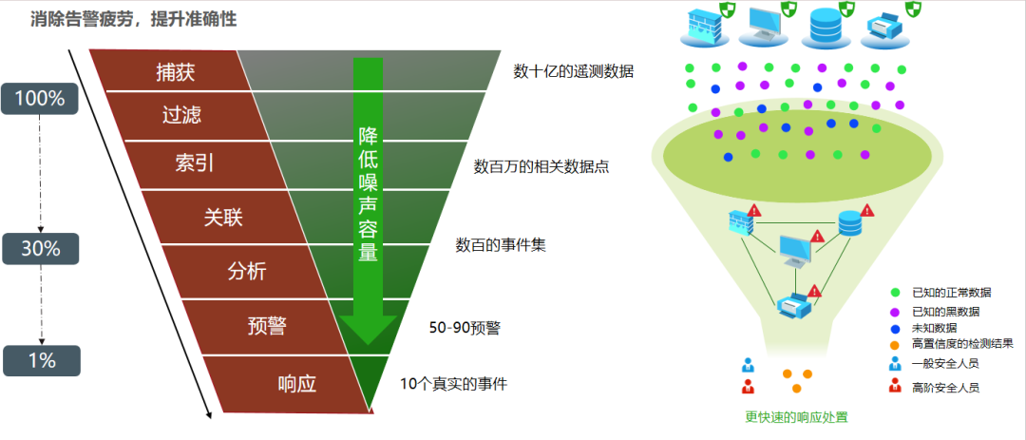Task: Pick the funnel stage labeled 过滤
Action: tap(181, 115)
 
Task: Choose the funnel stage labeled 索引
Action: tap(194, 163)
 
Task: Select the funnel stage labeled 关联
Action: tap(223, 217)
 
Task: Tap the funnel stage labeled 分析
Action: tap(247, 271)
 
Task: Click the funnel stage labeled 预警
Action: tap(267, 327)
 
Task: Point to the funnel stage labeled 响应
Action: tap(295, 383)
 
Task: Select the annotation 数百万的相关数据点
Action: tap(541, 166)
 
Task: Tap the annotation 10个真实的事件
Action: tap(453, 384)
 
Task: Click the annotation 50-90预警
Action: tap(465, 328)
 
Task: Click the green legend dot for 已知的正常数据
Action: tap(894, 292)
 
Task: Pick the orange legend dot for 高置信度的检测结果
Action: tap(894, 344)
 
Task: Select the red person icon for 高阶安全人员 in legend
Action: tap(894, 386)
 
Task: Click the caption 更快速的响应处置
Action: tap(796, 416)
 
